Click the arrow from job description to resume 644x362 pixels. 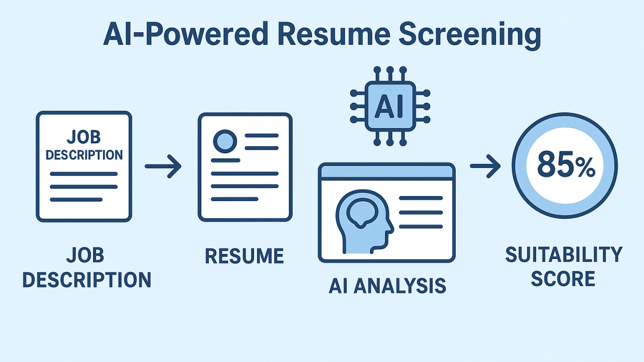163,166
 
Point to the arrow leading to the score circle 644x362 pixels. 485,166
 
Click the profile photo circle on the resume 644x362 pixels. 225,141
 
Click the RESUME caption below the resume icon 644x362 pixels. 245,256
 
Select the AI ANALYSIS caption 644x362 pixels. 387,285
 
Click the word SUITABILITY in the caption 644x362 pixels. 563,255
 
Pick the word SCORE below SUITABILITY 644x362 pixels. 563,279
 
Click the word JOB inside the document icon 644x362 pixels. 84,136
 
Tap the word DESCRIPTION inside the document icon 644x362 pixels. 84,154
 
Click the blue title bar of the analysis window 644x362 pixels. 386,172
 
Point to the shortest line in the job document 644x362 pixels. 76,200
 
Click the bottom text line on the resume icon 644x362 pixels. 234,199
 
